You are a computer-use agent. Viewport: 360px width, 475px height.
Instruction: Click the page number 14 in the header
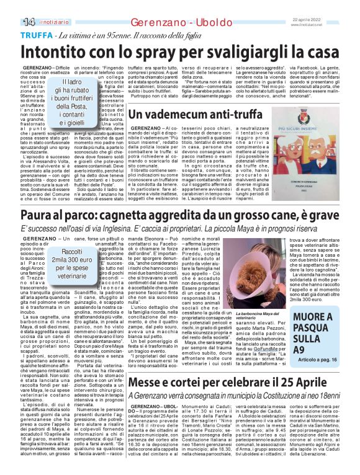11,22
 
